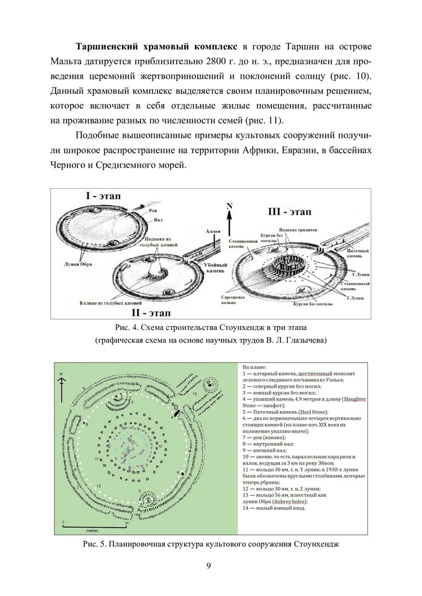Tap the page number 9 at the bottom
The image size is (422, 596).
210,565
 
